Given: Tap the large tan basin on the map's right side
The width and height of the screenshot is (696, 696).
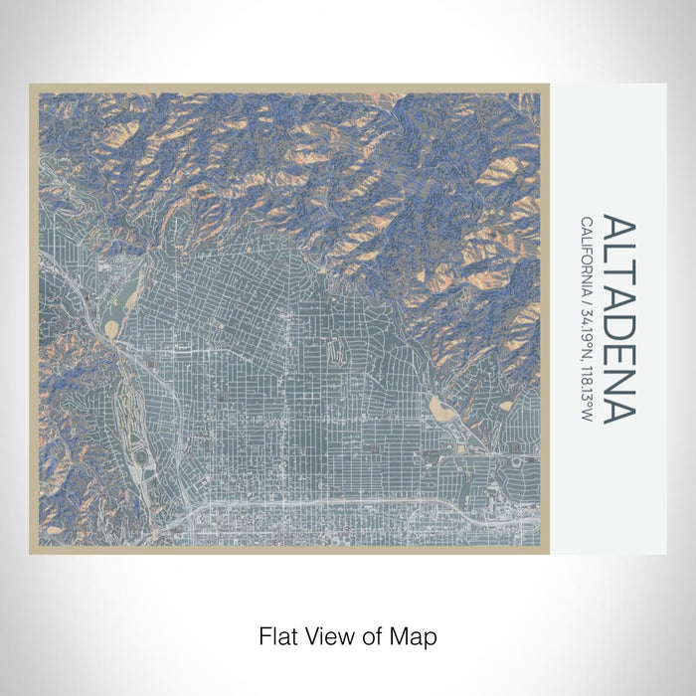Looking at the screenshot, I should pyautogui.click(x=440, y=407).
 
